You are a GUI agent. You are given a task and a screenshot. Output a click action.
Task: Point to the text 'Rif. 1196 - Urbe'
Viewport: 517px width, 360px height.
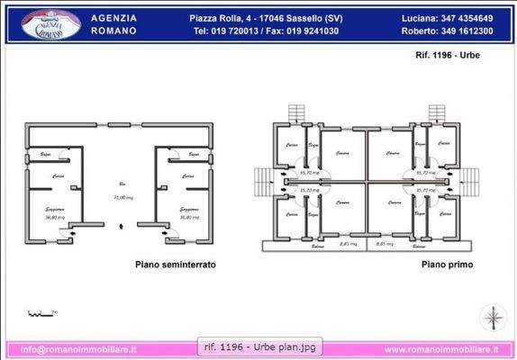441,57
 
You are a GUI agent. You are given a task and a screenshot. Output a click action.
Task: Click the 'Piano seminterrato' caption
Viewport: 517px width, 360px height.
175,265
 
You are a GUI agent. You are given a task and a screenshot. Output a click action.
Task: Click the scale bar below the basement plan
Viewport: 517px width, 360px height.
41,313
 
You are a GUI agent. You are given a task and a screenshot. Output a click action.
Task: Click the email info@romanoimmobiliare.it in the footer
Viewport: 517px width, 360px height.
78,349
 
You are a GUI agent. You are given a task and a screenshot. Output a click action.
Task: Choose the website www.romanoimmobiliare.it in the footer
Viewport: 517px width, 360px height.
442,349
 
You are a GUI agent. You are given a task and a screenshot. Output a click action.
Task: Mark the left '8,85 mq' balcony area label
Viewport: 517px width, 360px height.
348,243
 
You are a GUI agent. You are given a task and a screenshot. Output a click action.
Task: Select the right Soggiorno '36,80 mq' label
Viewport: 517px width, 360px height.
188,217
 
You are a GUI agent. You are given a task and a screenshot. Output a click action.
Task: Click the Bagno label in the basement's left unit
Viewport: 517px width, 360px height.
44,156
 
